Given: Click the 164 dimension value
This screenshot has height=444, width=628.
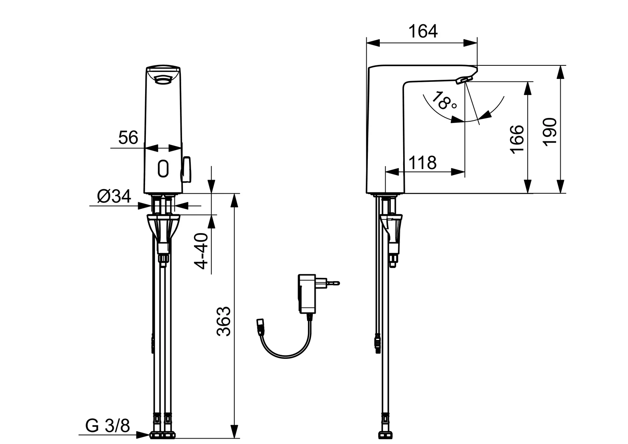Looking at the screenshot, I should click(423, 31).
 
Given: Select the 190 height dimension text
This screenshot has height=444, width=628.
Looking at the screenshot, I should click(549, 131).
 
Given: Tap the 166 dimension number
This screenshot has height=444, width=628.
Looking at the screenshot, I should click(517, 139).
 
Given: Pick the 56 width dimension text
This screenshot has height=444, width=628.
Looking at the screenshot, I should click(128, 138).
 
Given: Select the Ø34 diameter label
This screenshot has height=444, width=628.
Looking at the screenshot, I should click(114, 197).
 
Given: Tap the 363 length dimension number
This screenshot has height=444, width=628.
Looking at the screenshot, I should click(224, 321).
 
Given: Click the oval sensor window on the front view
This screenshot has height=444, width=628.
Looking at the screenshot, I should click(163, 169).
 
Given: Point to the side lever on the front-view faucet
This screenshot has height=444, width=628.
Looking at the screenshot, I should click(187, 169).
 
